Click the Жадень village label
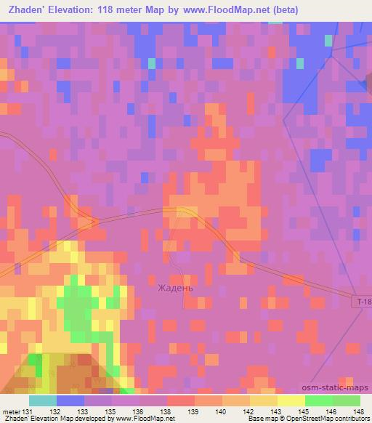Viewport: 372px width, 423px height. (176, 288)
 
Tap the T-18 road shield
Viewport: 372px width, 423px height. (363, 301)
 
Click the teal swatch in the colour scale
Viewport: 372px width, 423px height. (43, 400)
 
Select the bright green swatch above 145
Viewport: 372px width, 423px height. (319, 400)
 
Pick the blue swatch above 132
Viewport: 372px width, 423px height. (70, 400)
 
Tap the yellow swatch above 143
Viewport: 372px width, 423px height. (264, 400)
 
